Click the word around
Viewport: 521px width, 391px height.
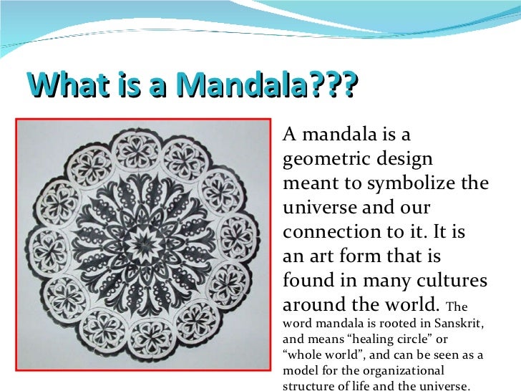click(x=316, y=305)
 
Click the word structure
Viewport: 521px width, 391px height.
click(x=308, y=387)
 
